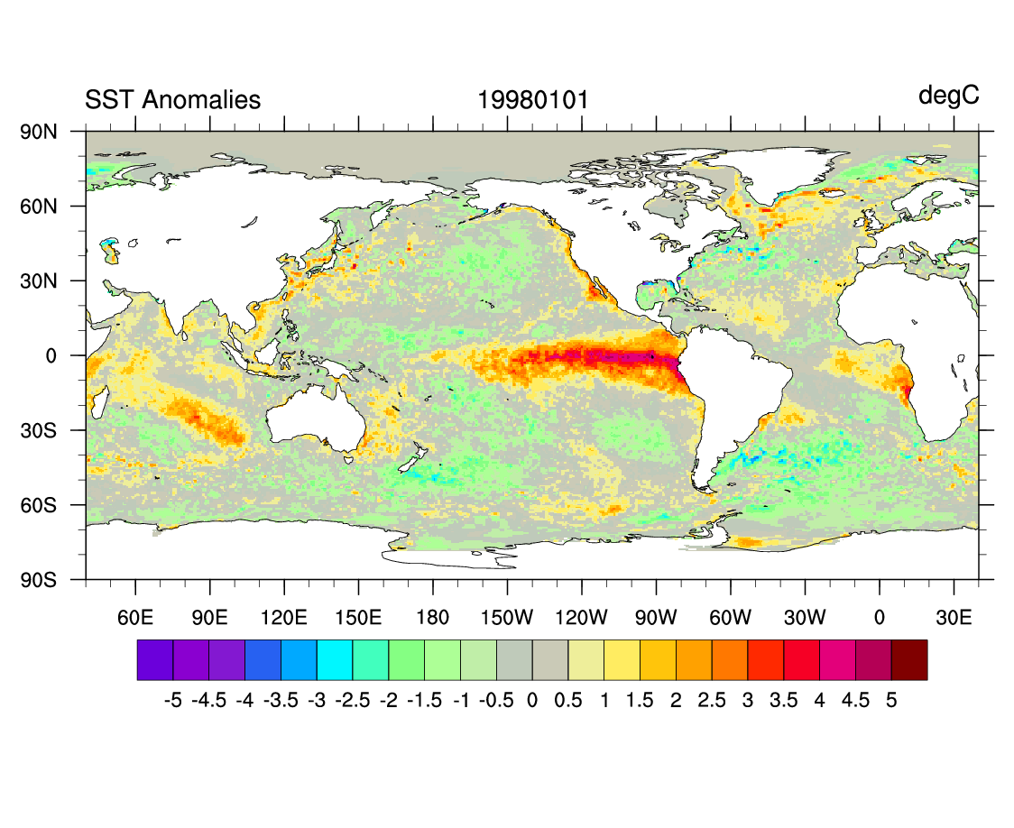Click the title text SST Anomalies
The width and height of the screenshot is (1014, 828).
(x=172, y=100)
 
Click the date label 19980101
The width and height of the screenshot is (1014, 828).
(x=532, y=100)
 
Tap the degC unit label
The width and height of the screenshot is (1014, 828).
(x=948, y=96)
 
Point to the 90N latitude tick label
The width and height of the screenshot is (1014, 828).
(x=39, y=132)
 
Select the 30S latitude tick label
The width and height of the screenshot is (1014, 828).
(x=39, y=430)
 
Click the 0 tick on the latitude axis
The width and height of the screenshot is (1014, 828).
(x=51, y=355)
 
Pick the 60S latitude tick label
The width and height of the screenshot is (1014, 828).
(x=39, y=505)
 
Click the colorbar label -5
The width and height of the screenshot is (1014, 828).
(x=172, y=701)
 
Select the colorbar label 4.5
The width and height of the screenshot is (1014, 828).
(x=855, y=701)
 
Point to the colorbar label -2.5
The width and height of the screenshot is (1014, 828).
(x=353, y=701)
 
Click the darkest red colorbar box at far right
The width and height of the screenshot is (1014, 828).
(x=908, y=659)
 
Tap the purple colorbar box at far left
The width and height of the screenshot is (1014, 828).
(x=155, y=659)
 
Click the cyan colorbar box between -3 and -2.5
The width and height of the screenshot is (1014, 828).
(x=335, y=659)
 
